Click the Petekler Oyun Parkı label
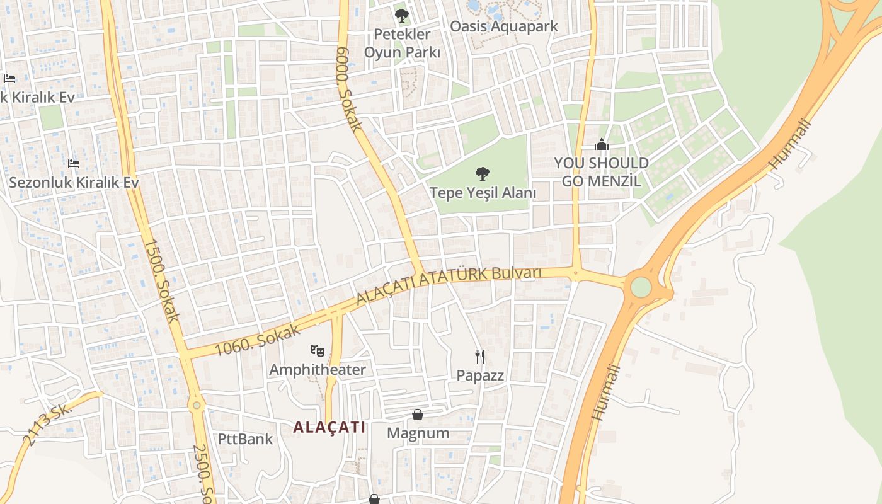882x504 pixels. point(402,43)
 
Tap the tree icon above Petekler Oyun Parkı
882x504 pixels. point(402,15)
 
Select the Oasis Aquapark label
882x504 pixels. point(503,26)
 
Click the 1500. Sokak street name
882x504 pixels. point(163,280)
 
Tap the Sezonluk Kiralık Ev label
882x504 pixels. point(74,182)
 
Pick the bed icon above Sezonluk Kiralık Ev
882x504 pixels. point(74,164)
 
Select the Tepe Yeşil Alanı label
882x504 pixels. point(483,192)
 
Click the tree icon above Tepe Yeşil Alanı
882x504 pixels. point(483,173)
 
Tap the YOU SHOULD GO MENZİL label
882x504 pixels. point(601,172)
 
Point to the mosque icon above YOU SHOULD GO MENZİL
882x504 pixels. point(602,145)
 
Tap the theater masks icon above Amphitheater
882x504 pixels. point(318,351)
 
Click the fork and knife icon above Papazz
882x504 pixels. point(481,357)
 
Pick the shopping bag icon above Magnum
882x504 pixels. point(418,415)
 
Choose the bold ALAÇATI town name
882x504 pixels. point(329,427)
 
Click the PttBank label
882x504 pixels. point(245,438)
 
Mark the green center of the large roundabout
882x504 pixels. point(641,287)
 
